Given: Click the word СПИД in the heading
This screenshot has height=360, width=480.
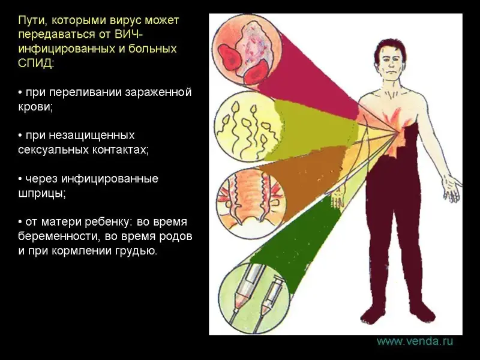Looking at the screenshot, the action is [36, 64].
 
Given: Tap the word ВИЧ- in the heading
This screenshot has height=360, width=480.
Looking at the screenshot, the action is [128, 35].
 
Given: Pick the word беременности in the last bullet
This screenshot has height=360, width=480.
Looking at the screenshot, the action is [59, 236].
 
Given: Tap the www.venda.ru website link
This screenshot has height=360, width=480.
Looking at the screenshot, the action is [415, 341].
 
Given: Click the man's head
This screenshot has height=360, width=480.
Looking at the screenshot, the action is [391, 58].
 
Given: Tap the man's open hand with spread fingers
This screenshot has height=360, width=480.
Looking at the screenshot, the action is [453, 189].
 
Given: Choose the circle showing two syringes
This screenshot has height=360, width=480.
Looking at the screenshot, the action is [254, 295].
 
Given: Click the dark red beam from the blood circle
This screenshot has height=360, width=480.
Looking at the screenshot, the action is [309, 75].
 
